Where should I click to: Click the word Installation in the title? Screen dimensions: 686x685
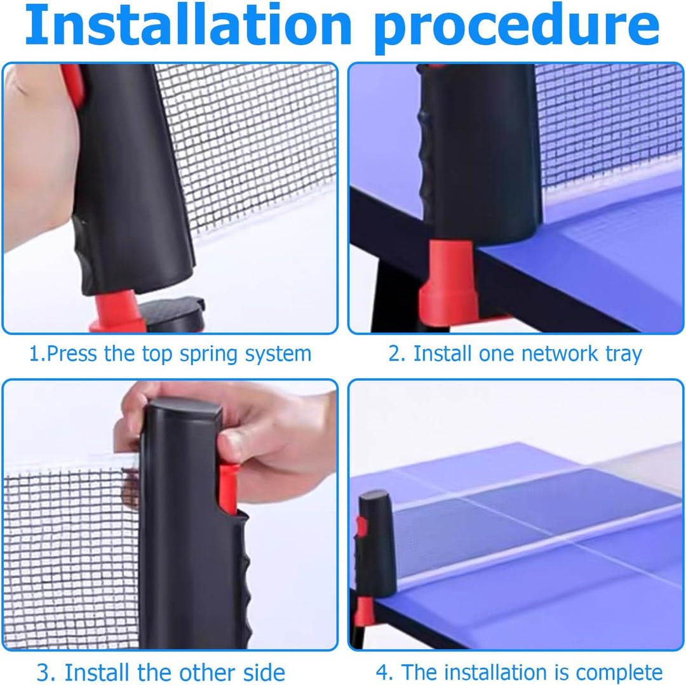coord(189,25)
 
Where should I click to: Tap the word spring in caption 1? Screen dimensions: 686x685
coord(208,354)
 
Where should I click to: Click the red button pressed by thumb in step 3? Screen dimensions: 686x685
coord(227,489)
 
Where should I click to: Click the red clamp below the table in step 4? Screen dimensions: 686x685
coord(365,611)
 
